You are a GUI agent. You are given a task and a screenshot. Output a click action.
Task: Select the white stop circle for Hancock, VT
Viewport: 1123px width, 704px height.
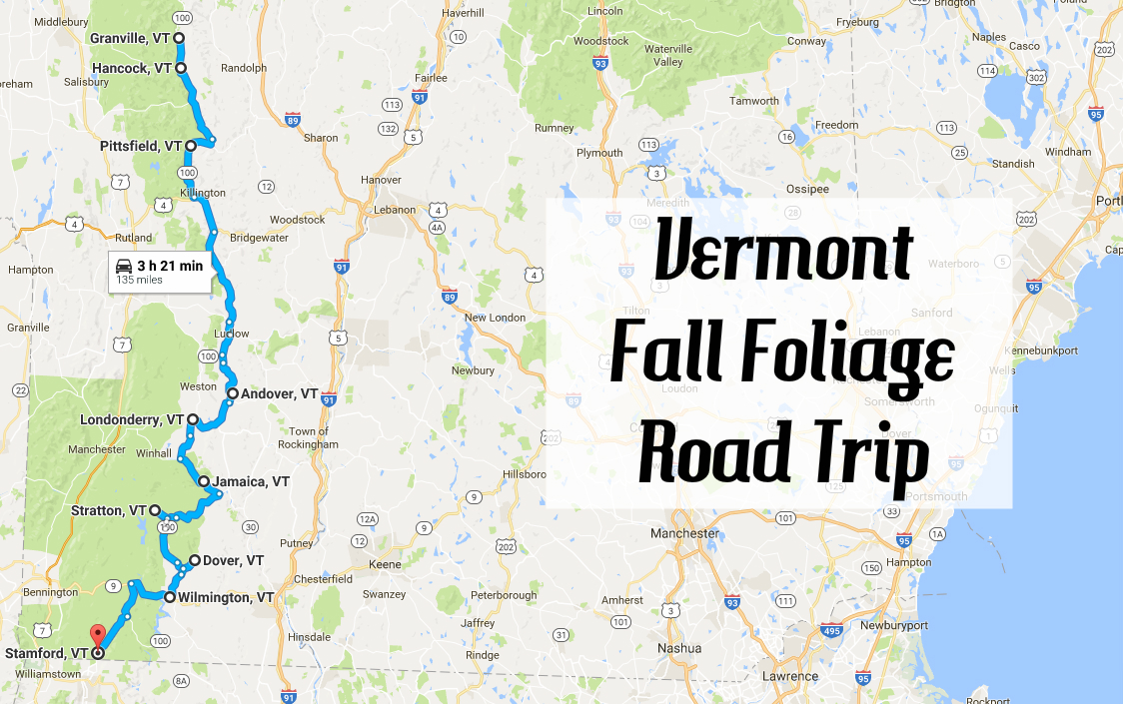(181, 68)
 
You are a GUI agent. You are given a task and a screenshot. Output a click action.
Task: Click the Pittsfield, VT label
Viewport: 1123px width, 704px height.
(141, 146)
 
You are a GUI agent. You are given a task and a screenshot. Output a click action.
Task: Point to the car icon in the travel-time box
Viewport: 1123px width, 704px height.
(124, 266)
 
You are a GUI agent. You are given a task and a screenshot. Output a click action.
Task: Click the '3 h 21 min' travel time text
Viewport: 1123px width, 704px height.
(170, 266)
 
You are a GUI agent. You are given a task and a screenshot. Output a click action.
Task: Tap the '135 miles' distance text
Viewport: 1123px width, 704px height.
(140, 281)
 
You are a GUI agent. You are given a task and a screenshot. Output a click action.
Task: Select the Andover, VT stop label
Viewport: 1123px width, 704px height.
(279, 393)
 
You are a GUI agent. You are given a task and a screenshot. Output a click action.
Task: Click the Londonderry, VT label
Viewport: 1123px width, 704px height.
(133, 420)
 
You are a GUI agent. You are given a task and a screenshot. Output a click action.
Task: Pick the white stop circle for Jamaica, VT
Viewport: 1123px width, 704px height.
(204, 481)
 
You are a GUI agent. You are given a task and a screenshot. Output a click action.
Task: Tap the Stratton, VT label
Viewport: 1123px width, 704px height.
(109, 510)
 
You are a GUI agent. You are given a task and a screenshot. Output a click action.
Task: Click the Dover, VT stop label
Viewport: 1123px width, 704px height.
(233, 561)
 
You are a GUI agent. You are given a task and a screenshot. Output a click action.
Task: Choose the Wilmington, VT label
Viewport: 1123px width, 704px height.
(226, 597)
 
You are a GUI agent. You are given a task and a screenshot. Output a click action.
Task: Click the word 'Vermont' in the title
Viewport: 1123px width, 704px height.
(783, 252)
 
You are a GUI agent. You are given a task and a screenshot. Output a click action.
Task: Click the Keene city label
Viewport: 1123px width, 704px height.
(385, 564)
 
